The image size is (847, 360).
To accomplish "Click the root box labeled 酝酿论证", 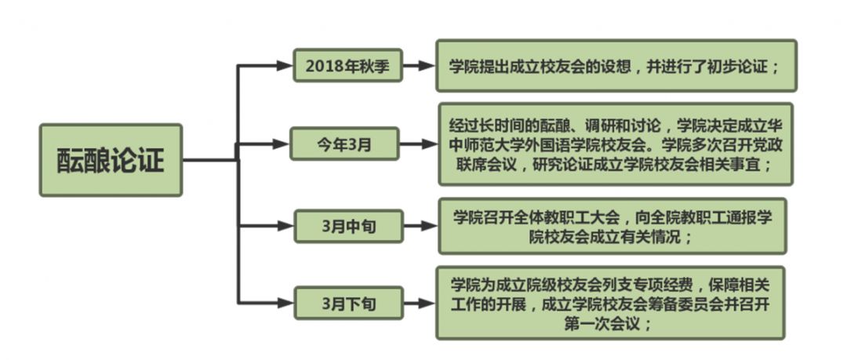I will point(111,160).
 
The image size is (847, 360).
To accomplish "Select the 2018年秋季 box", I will point(347,66).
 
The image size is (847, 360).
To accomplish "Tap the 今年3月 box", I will point(345,144).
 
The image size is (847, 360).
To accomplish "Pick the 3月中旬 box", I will point(348,226).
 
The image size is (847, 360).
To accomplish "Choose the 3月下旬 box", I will point(348,303).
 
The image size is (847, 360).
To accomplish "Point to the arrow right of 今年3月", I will point(419,144).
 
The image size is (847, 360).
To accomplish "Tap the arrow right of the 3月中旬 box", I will point(420,226).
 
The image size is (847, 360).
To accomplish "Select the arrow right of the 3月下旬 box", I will point(420,303).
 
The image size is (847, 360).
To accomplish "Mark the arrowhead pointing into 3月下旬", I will point(285,303).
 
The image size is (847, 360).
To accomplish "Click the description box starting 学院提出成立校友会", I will point(616,66).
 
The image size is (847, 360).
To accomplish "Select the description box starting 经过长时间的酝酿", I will point(615,144).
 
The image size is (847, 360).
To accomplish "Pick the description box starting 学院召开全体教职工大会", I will point(612,226).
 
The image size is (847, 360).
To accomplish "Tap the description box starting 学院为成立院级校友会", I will point(610,303).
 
